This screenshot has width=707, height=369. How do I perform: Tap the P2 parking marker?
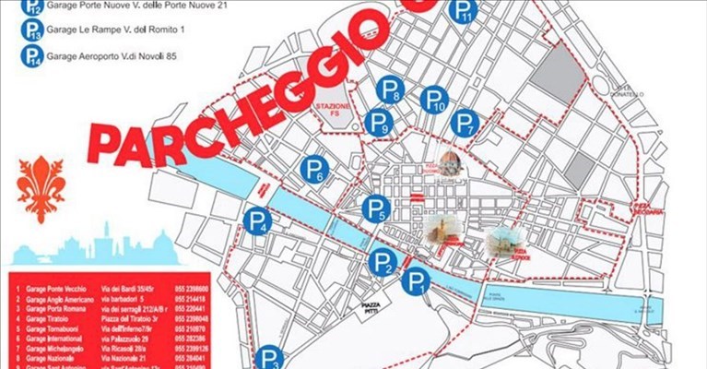[x=383, y=263]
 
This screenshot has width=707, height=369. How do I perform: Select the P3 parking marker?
[x=268, y=358]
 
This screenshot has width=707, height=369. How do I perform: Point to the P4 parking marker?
[x=256, y=220]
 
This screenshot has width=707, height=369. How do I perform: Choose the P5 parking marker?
[x=374, y=208]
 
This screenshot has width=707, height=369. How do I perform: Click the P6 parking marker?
[x=313, y=169]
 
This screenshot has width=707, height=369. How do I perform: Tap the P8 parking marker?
[x=390, y=90]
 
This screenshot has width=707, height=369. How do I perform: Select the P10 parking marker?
[x=433, y=100]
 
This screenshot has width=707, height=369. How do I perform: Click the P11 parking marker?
[x=463, y=12]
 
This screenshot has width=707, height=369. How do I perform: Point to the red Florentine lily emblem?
[x=41, y=188]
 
